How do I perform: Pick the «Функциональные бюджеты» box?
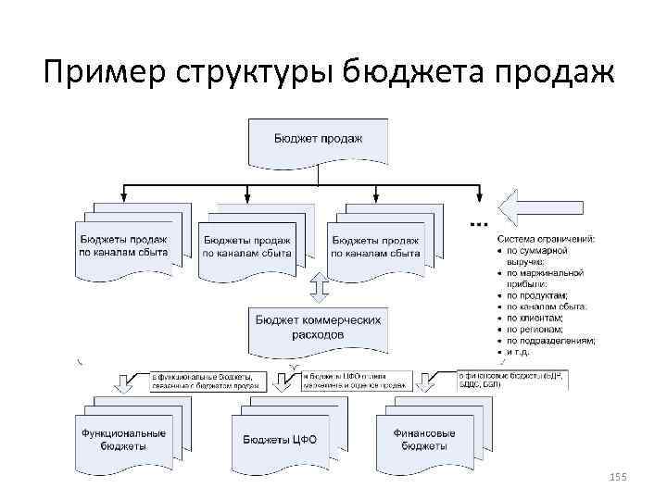click(124, 438)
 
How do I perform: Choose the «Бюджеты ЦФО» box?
click(279, 439)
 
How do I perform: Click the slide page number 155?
click(618, 476)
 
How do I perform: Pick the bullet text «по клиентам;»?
click(536, 318)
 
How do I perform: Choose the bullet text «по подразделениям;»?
click(550, 341)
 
